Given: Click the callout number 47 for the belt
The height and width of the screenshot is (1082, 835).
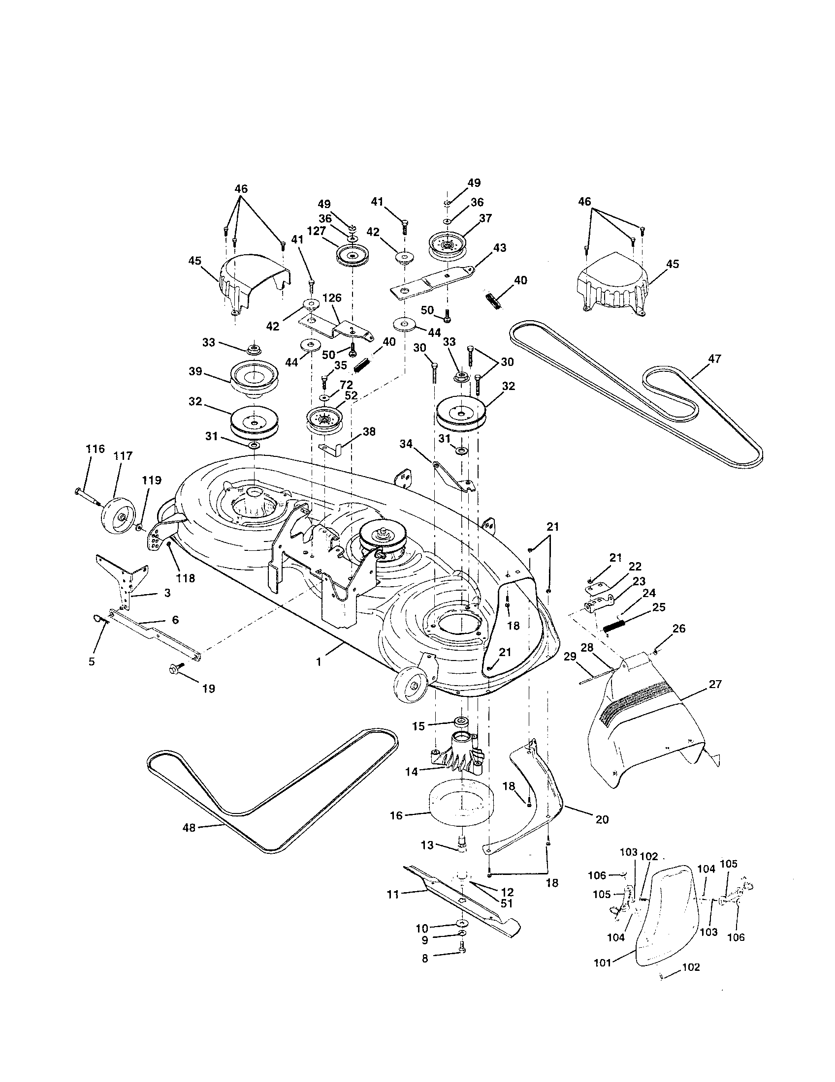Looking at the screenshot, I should (x=714, y=358).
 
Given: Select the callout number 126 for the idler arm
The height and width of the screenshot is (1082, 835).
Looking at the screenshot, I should (x=332, y=298).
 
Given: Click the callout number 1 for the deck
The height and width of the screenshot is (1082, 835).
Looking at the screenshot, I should (x=319, y=661).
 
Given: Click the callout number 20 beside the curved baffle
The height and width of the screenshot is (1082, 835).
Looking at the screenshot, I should (x=602, y=820).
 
